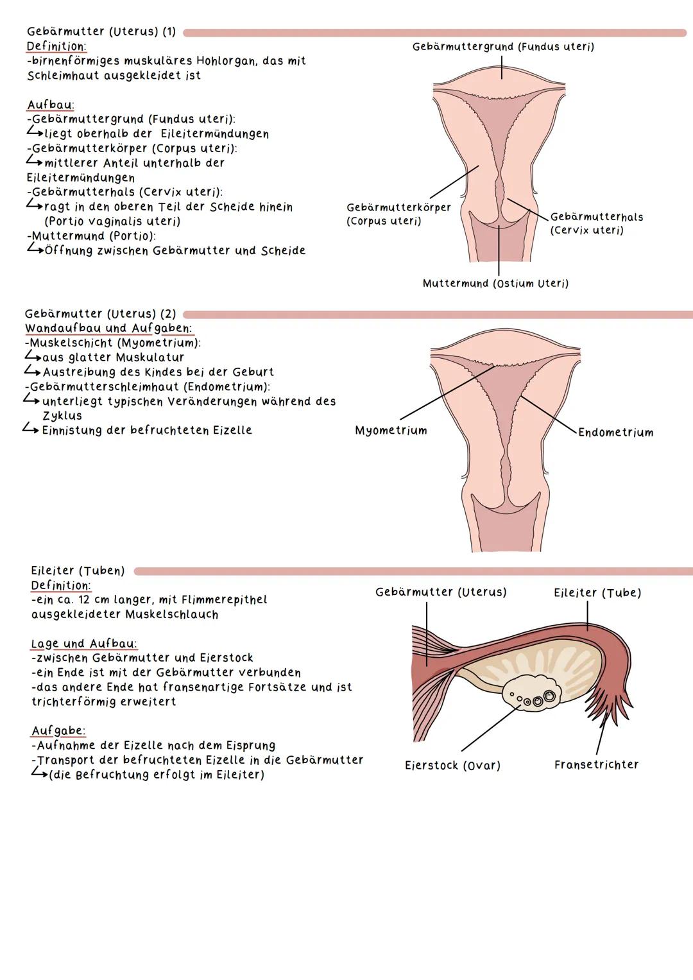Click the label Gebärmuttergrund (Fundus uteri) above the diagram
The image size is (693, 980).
503,47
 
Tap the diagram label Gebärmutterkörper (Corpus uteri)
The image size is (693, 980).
398,214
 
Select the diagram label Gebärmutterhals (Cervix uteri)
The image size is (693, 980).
596,223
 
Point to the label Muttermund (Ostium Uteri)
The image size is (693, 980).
495,283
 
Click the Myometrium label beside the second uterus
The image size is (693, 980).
391,431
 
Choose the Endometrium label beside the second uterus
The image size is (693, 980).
615,433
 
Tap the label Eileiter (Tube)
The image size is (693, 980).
597,593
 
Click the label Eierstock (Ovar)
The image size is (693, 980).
452,766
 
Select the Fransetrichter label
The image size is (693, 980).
596,764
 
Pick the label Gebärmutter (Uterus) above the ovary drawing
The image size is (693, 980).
441,592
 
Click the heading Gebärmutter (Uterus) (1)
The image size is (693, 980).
101,32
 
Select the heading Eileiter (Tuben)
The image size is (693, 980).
78,571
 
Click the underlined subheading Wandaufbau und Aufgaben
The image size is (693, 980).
108,329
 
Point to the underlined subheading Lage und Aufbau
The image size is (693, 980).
83,644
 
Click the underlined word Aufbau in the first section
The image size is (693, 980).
50,105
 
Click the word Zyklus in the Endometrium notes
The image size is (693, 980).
62,416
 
